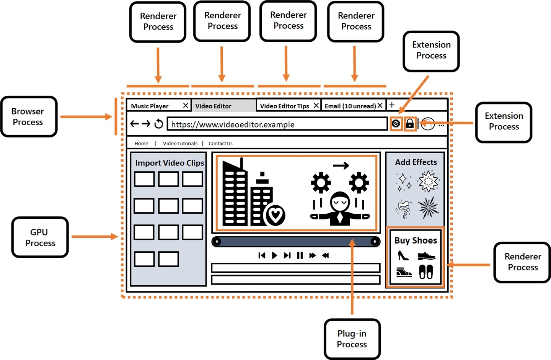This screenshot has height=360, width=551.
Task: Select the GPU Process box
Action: pyautogui.click(x=40, y=237)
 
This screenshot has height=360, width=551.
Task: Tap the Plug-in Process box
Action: pyautogui.click(x=352, y=339)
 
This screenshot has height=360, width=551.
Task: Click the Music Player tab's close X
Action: pyautogui.click(x=186, y=105)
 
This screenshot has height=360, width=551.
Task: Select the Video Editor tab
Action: pyautogui.click(x=214, y=106)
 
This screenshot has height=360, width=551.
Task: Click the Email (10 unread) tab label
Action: pyautogui.click(x=350, y=106)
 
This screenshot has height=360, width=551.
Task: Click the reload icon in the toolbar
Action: pyautogui.click(x=158, y=124)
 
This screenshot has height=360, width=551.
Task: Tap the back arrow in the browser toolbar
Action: pyautogui.click(x=134, y=124)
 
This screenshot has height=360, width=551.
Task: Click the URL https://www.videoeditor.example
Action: pyautogui.click(x=233, y=124)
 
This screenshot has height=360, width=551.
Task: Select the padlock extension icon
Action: pyautogui.click(x=410, y=124)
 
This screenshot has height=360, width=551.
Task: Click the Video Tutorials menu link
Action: pyautogui.click(x=180, y=144)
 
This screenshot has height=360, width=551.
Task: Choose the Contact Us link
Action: pyautogui.click(x=220, y=144)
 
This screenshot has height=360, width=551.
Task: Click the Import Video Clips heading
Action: pyautogui.click(x=170, y=163)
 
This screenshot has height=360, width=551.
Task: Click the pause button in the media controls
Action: pyautogui.click(x=300, y=255)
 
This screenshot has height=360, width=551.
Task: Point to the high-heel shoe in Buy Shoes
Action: pyautogui.click(x=403, y=255)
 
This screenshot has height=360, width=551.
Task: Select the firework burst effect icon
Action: pyautogui.click(x=428, y=208)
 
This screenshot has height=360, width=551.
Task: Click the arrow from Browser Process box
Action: pyautogui.click(x=86, y=117)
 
